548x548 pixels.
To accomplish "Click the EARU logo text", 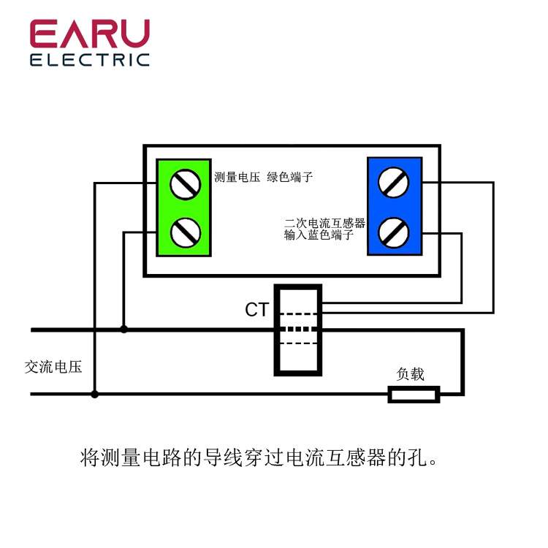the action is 90,34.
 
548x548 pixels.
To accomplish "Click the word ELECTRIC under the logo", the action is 90,59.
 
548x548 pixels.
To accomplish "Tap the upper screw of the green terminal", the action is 185,183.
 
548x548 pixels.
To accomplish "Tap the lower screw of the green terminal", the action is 185,232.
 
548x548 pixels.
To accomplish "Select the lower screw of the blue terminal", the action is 394,232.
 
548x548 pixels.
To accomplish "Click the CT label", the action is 256,311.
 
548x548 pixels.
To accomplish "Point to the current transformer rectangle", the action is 297,330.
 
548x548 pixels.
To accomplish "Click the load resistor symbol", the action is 414,395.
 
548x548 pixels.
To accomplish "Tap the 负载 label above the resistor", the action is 410,374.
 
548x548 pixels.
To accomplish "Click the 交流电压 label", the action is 53,367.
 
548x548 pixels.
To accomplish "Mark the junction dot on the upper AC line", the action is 124,330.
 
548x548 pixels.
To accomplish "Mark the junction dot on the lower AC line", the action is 95,395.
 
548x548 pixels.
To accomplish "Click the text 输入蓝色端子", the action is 319,236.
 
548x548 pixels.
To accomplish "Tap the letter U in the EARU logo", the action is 134,34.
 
